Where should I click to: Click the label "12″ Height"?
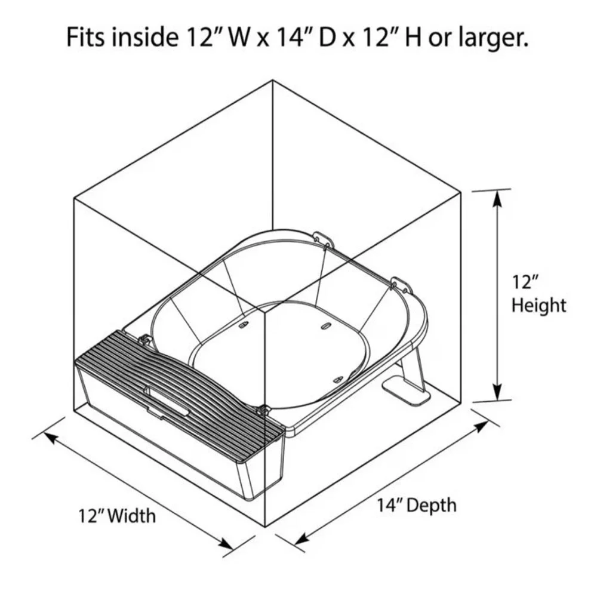point(538,294)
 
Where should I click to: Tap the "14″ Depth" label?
point(417,506)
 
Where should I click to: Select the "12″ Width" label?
point(117,516)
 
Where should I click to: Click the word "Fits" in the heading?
point(87,37)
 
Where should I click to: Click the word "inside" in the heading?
point(145,37)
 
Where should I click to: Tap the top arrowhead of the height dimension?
point(497,200)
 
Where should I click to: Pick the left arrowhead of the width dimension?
point(52,438)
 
